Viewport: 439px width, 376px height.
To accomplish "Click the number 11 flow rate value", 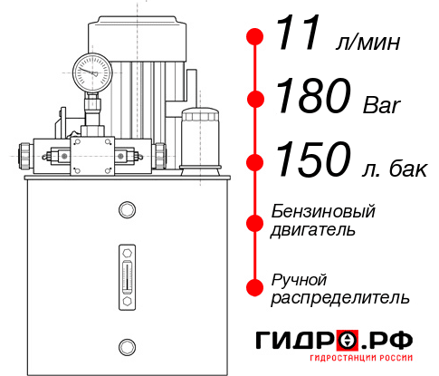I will (x=299, y=36).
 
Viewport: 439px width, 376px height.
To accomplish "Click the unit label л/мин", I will (x=367, y=43).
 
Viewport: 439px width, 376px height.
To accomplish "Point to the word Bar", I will (x=380, y=103).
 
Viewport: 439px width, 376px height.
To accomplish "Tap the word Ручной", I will (x=299, y=278).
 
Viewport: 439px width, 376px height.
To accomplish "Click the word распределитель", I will (x=339, y=296).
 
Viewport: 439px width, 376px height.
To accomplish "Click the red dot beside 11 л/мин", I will (x=255, y=37).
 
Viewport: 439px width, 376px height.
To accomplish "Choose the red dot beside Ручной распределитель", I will (x=255, y=286).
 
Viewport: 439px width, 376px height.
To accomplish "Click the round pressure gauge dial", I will (x=91, y=70).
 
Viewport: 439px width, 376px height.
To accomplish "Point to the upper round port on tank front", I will (x=126, y=210).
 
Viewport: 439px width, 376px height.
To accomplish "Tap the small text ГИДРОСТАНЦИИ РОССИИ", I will (x=366, y=362).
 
